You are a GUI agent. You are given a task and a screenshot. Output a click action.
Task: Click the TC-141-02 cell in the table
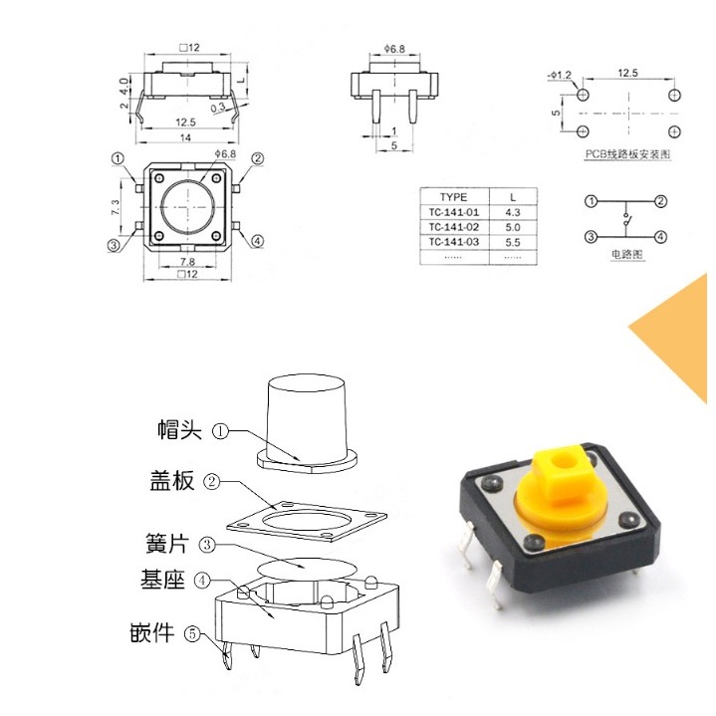pyautogui.click(x=453, y=226)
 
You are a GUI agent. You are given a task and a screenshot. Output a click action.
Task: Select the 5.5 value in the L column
pyautogui.click(x=513, y=241)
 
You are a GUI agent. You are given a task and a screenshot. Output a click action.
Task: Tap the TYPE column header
pyautogui.click(x=453, y=197)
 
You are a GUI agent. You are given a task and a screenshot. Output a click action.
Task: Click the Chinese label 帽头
pyautogui.click(x=179, y=430)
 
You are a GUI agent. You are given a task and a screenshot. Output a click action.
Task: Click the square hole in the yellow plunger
pyautogui.click(x=564, y=461)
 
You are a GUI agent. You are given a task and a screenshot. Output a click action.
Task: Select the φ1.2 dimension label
pyautogui.click(x=560, y=75)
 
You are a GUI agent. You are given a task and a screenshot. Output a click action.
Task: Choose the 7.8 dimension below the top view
pyautogui.click(x=186, y=262)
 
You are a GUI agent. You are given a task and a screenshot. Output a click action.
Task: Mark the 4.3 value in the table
pyautogui.click(x=513, y=212)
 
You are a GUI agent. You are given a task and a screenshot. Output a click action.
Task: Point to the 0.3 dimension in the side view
pyautogui.click(x=217, y=107)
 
